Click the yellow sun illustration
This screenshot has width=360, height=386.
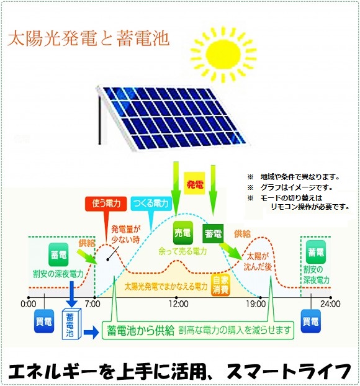[223, 54]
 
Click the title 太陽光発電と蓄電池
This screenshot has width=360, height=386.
[89, 38]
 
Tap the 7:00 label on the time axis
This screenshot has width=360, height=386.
[92, 304]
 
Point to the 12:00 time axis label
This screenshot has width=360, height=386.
[179, 304]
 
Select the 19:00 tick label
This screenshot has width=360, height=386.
[256, 304]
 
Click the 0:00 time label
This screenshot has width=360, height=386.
[29, 304]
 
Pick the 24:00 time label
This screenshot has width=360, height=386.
[330, 304]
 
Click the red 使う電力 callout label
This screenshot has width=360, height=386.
[106, 204]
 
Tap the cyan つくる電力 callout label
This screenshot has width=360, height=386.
[151, 204]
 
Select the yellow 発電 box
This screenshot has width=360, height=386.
[194, 184]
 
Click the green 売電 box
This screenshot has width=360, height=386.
[182, 233]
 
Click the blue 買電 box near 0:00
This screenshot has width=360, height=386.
[44, 321]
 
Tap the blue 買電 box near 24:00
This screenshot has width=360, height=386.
[311, 321]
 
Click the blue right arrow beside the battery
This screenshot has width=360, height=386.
[91, 333]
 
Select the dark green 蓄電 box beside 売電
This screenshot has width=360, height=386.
[213, 233]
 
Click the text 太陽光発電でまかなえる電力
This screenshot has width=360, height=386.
[166, 287]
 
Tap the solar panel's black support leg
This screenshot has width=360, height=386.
[100, 120]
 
